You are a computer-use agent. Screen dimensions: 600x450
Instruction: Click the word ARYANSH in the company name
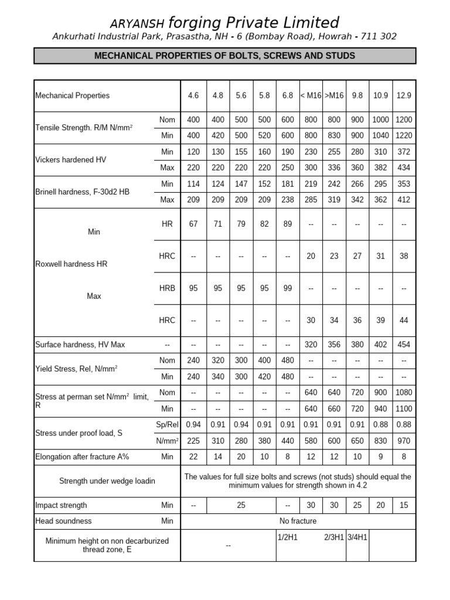point(138,23)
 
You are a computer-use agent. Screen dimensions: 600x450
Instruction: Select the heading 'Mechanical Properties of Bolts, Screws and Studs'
point(225,56)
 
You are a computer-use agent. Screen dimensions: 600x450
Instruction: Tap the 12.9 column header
point(404,96)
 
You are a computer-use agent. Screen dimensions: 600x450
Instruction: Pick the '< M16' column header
point(311,96)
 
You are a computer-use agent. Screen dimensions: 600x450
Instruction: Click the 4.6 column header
point(193,96)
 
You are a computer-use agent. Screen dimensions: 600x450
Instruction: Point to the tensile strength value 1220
point(404,135)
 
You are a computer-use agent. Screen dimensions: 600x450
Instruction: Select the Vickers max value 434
point(404,168)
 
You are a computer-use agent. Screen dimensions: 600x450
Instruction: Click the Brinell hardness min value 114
point(193,184)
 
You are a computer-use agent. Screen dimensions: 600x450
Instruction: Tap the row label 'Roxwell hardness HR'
point(71,264)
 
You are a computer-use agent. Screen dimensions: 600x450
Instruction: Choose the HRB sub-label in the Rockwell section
point(167,288)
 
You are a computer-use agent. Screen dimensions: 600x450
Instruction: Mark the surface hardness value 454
point(404,345)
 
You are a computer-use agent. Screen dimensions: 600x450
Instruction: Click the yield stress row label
point(77,369)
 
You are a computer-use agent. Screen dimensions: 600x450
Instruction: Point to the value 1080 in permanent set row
point(404,393)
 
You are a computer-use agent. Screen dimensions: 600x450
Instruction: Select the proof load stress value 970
point(404,441)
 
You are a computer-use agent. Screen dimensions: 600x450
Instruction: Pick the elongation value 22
point(193,456)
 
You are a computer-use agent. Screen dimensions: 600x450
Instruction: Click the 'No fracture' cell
point(298,521)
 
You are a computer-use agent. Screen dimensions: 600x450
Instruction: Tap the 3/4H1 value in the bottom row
point(357,537)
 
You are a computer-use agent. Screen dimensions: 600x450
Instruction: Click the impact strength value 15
point(404,505)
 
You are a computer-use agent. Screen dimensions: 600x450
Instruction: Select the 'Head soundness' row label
point(64,521)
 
